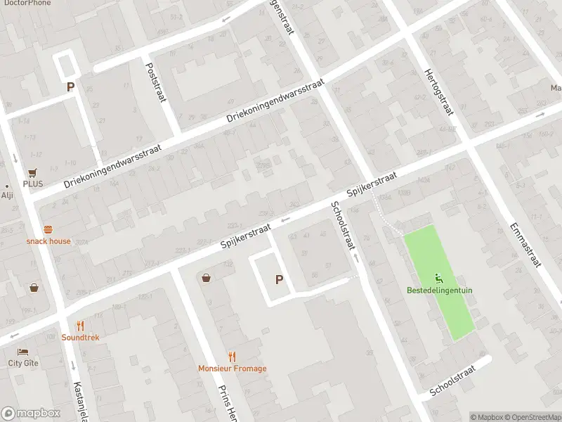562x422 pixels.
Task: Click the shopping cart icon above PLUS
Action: click(32, 172)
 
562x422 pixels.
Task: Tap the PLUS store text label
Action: click(32, 184)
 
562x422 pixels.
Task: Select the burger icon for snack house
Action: click(48, 230)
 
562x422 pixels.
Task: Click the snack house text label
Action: click(48, 241)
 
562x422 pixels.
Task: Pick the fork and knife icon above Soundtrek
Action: click(80, 326)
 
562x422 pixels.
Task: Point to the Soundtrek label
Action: click(80, 338)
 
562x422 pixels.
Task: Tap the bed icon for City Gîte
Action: click(23, 352)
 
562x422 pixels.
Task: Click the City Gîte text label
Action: click(23, 363)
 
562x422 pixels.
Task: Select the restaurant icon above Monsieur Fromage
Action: click(232, 357)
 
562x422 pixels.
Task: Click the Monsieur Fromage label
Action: click(232, 369)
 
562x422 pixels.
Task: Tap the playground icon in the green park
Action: click(439, 278)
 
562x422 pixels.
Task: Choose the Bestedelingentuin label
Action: click(439, 290)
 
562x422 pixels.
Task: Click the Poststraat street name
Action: click(155, 83)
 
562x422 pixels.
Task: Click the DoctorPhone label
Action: click(24, 4)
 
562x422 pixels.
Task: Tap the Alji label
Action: click(8, 196)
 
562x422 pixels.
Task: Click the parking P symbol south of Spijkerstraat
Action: click(279, 279)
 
